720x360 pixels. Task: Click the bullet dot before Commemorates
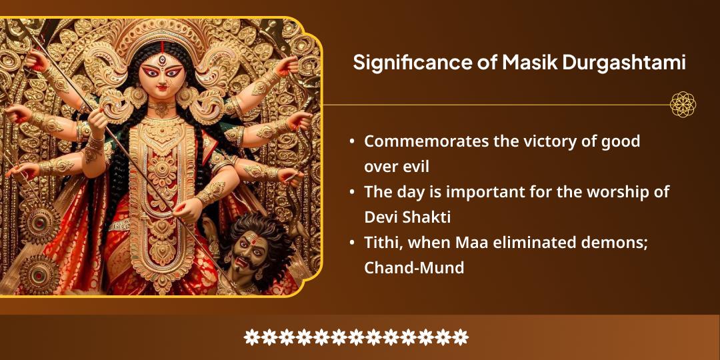[x=352, y=142]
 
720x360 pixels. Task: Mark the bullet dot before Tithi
[x=352, y=243]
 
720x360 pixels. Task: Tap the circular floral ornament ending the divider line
[x=683, y=105]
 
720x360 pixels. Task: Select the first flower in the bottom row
[x=251, y=337]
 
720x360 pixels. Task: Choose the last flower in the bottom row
[x=461, y=337]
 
